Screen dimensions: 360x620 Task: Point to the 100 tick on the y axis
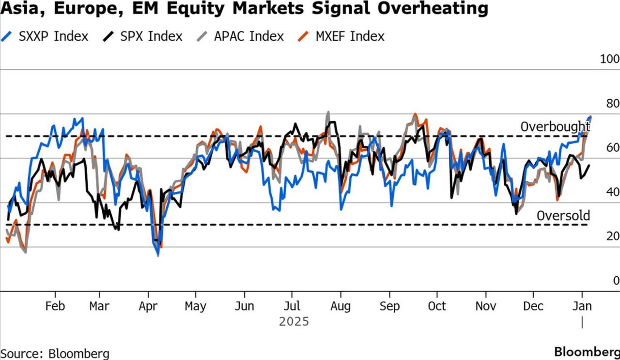click(609, 59)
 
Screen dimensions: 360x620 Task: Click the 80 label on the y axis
click(612, 104)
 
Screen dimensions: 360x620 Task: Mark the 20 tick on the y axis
click(612, 236)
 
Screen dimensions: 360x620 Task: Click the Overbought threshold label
click(555, 127)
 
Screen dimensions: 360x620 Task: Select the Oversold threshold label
click(563, 216)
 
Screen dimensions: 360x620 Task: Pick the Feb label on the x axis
click(55, 307)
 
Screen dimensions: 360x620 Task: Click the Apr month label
click(148, 307)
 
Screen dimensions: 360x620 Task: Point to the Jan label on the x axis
click(582, 307)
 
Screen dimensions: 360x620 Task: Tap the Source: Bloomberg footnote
click(55, 353)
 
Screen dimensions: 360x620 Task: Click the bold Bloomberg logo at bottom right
click(586, 352)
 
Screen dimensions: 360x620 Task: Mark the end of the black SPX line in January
click(589, 166)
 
